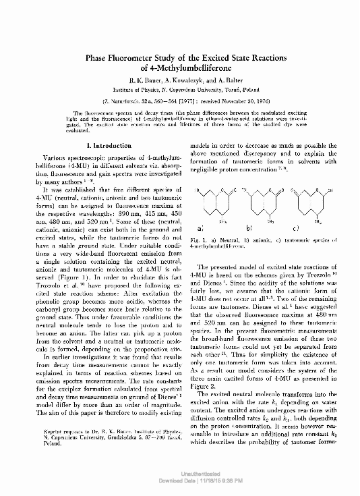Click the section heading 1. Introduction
click(x=104, y=146)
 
